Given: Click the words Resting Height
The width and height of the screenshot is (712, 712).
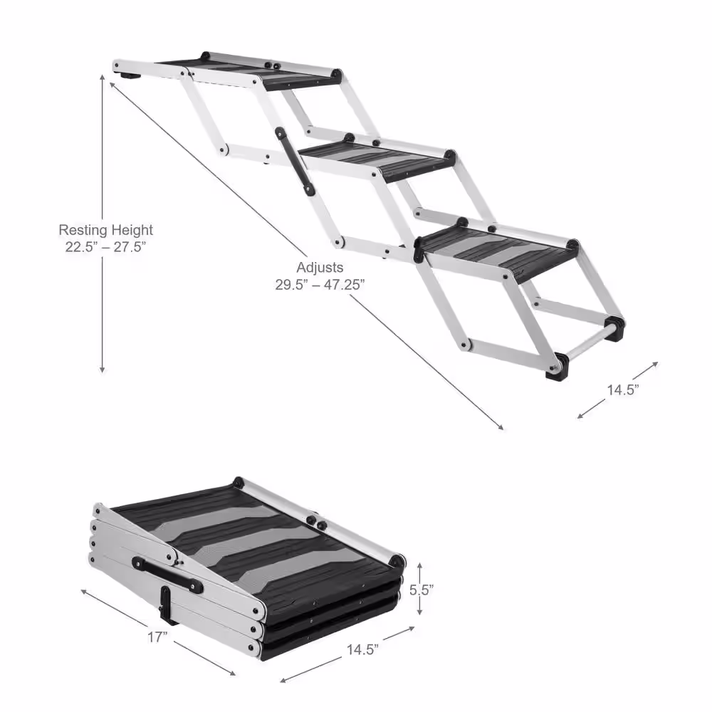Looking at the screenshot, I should pyautogui.click(x=105, y=230).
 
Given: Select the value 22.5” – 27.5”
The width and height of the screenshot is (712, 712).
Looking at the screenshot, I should pyautogui.click(x=105, y=246).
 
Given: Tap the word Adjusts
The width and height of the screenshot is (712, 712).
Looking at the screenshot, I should pyautogui.click(x=320, y=267).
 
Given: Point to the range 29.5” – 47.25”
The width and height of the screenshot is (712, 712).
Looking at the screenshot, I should pyautogui.click(x=320, y=283).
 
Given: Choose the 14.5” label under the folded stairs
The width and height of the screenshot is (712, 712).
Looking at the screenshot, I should pyautogui.click(x=362, y=648).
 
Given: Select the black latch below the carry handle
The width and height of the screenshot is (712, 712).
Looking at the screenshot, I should pyautogui.click(x=165, y=607).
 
